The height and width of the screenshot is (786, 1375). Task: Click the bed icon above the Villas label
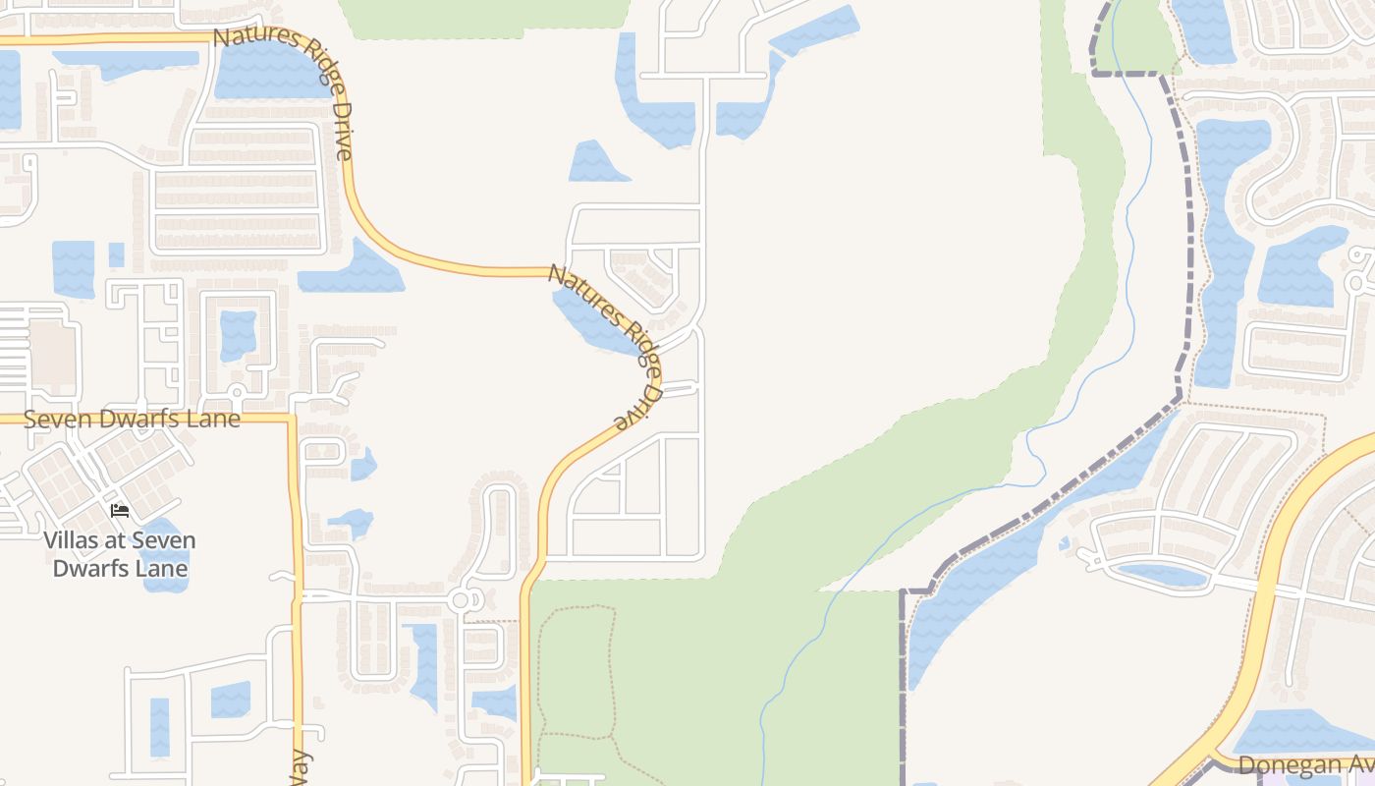tap(120, 511)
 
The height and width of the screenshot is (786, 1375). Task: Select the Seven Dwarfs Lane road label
tap(132, 419)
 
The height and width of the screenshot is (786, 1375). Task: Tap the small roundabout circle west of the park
tap(461, 598)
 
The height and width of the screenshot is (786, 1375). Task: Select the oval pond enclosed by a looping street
tap(1162, 575)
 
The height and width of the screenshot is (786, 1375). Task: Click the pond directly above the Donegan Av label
tap(1296, 732)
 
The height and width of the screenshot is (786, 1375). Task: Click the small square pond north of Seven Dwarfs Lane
tap(237, 335)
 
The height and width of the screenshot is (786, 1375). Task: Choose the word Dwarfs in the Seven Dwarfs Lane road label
tap(129, 419)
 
